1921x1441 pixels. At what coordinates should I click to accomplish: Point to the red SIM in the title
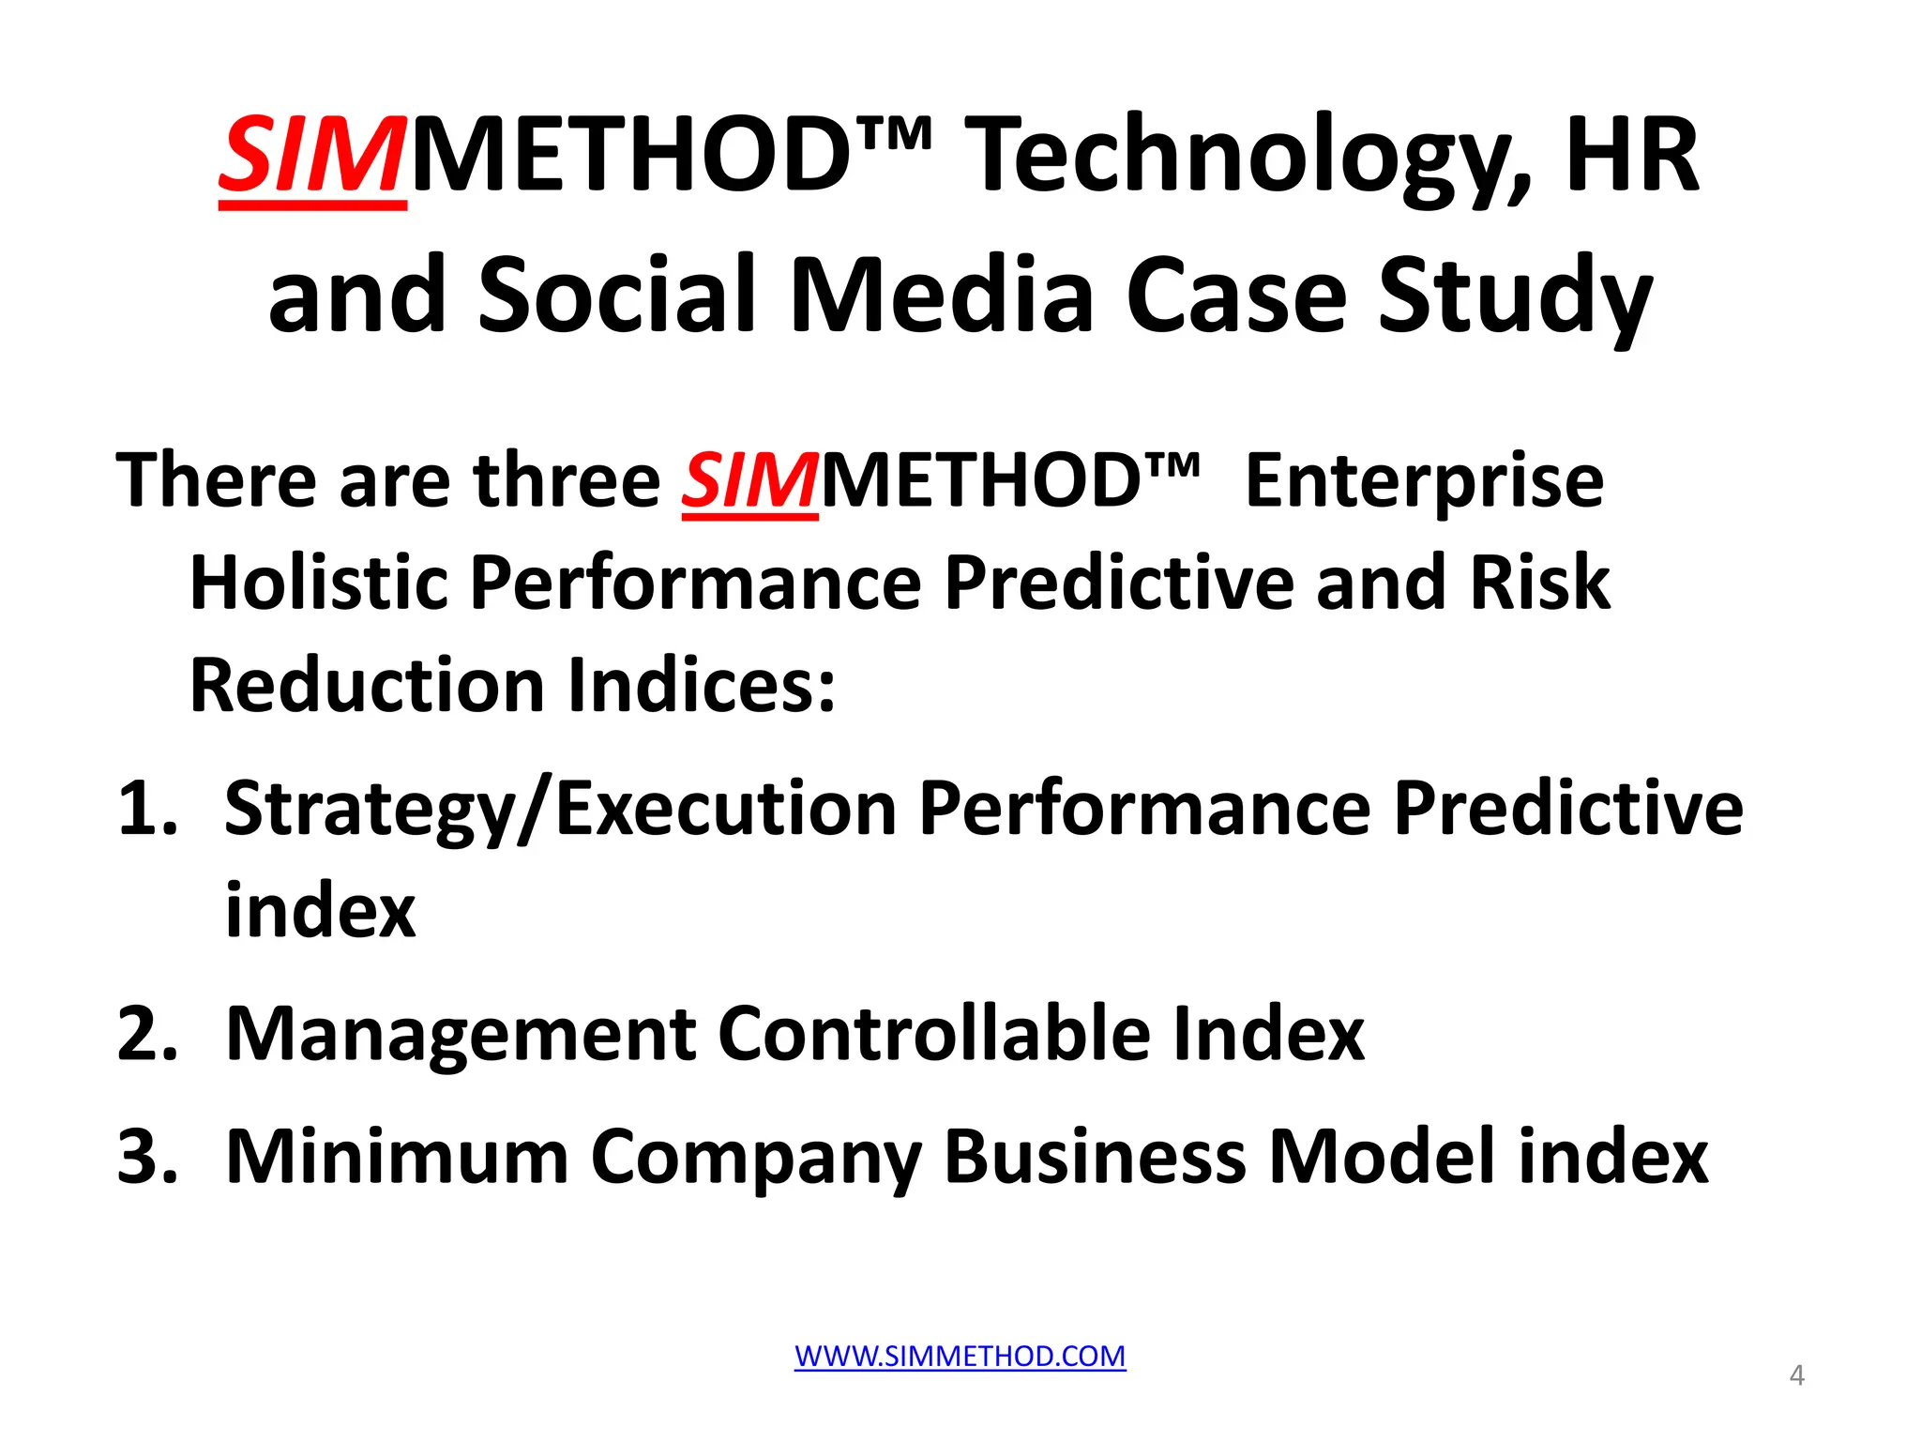312,156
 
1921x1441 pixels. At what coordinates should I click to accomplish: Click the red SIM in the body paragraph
749,481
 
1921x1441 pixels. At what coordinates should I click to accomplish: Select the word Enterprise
1424,481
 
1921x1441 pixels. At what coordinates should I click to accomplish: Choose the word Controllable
933,1034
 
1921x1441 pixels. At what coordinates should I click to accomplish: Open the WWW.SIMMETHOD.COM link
960,1357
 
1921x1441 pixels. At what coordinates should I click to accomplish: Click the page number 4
1796,1375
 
